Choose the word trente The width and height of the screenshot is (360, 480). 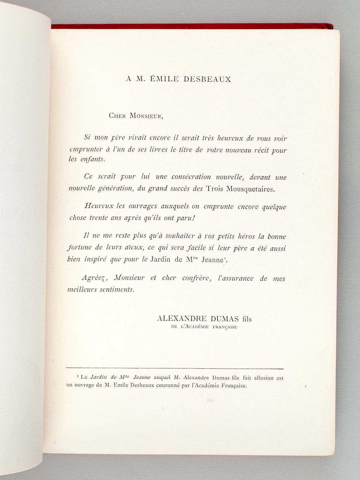[99, 218]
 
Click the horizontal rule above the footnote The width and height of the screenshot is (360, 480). [174, 368]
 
